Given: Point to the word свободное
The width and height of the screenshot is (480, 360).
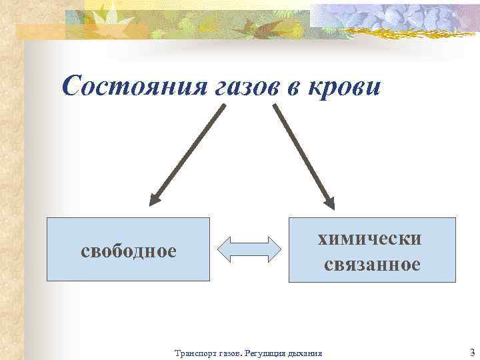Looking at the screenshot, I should tap(128, 251).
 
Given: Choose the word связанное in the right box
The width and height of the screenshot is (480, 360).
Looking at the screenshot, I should tap(372, 265).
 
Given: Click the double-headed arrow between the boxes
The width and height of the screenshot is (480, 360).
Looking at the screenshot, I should tap(249, 249).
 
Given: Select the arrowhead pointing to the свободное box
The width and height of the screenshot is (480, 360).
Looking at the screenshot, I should tap(155, 198).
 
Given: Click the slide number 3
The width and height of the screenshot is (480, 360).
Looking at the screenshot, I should tap(472, 352).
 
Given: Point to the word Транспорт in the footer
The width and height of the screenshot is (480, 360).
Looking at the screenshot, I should tap(194, 353).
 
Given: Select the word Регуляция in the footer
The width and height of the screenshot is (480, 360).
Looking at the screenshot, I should tap(269, 353).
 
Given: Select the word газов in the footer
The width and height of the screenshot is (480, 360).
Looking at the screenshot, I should tap(230, 353).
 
